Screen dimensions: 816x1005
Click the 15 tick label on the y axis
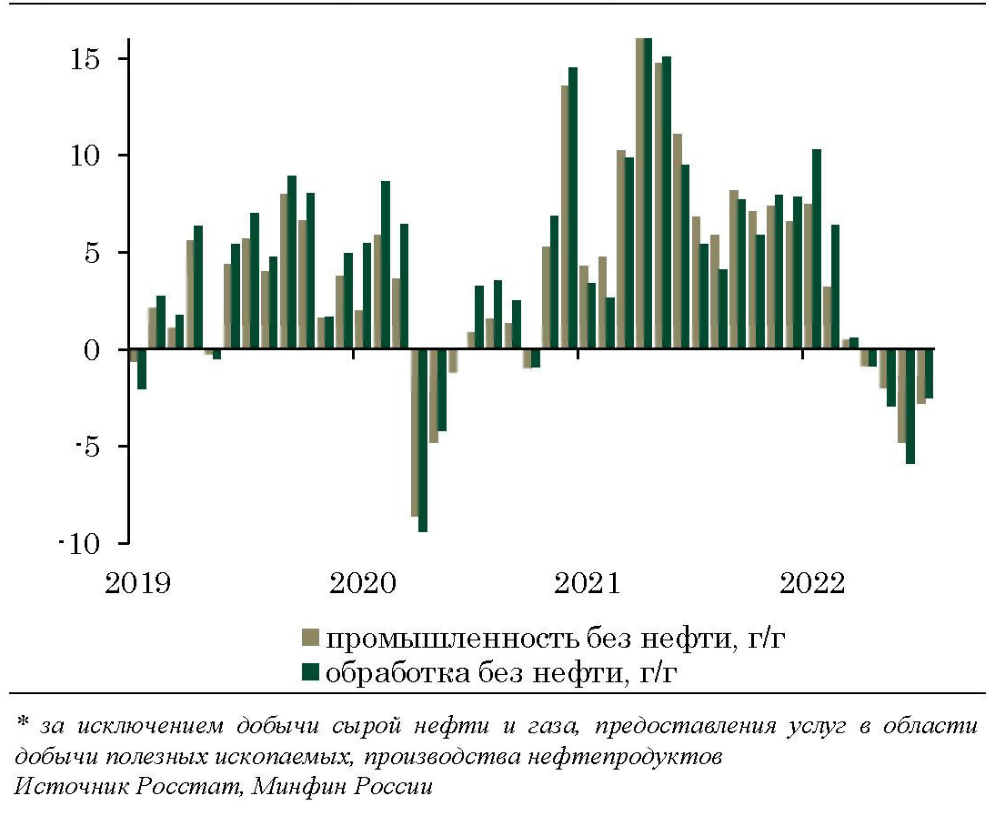tap(87, 59)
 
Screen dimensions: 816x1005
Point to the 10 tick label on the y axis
tap(87, 156)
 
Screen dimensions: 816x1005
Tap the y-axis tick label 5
tap(94, 253)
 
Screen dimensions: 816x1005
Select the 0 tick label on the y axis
tap(94, 350)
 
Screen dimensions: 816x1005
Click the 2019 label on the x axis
tap(137, 582)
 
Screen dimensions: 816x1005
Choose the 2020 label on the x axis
tap(362, 582)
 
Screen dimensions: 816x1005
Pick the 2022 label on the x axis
tap(811, 582)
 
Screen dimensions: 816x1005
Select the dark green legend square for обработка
tap(312, 672)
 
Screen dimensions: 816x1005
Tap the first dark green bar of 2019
tap(142, 369)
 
